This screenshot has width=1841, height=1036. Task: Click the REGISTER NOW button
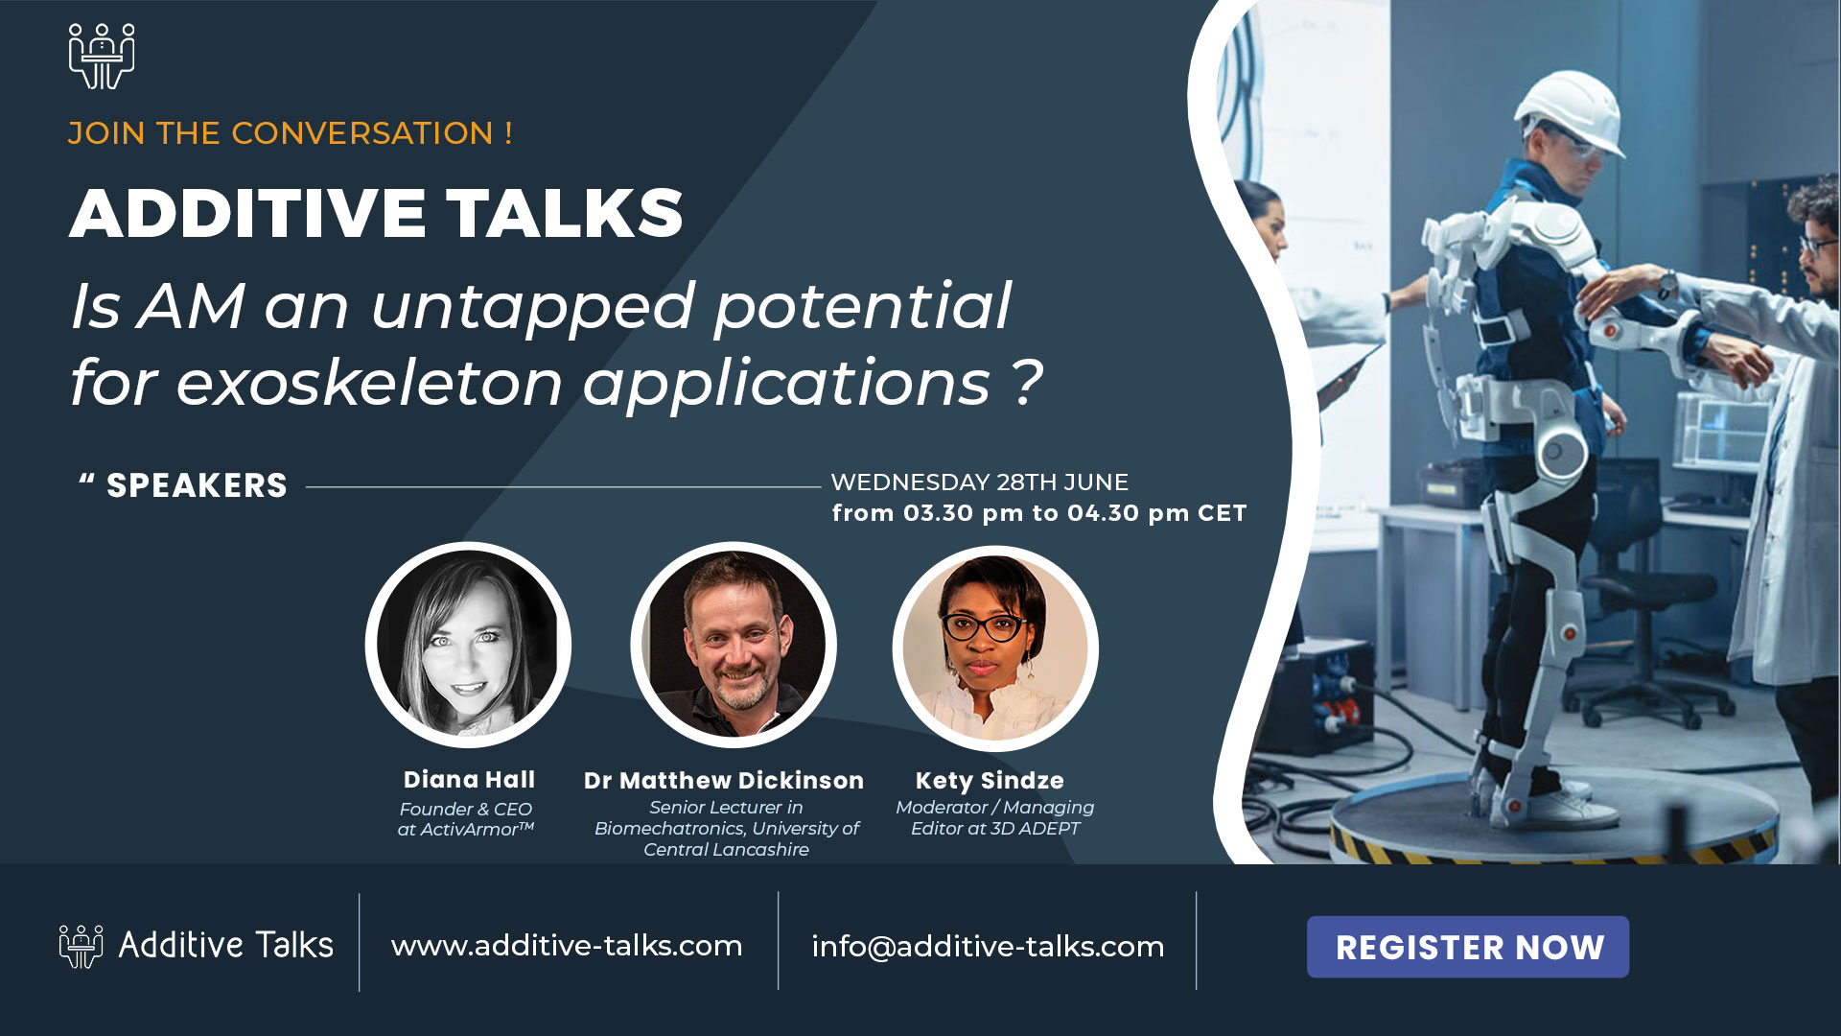coord(1467,947)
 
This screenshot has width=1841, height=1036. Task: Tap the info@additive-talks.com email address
coord(988,946)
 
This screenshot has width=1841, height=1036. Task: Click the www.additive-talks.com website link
coord(567,945)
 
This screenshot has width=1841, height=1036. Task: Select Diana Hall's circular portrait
coord(468,645)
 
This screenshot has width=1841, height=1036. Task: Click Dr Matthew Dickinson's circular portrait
coord(734,645)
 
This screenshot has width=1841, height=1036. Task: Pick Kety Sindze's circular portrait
coord(995,647)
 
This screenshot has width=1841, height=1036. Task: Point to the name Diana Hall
coord(469,779)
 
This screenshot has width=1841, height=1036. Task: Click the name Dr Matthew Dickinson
coord(724,780)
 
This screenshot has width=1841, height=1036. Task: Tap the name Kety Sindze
coord(990,780)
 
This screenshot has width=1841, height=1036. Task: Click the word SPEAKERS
coord(197,485)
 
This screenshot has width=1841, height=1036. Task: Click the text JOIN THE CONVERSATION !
coord(290,132)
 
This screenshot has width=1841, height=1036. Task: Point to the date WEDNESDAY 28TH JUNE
coord(979,482)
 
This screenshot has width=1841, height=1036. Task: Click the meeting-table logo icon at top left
coord(102,57)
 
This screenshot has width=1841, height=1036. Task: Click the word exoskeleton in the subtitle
coord(369,382)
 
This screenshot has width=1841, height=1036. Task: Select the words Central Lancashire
coord(726,849)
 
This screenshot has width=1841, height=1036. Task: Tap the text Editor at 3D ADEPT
coord(995,828)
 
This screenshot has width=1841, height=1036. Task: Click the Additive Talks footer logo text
coord(225,945)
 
